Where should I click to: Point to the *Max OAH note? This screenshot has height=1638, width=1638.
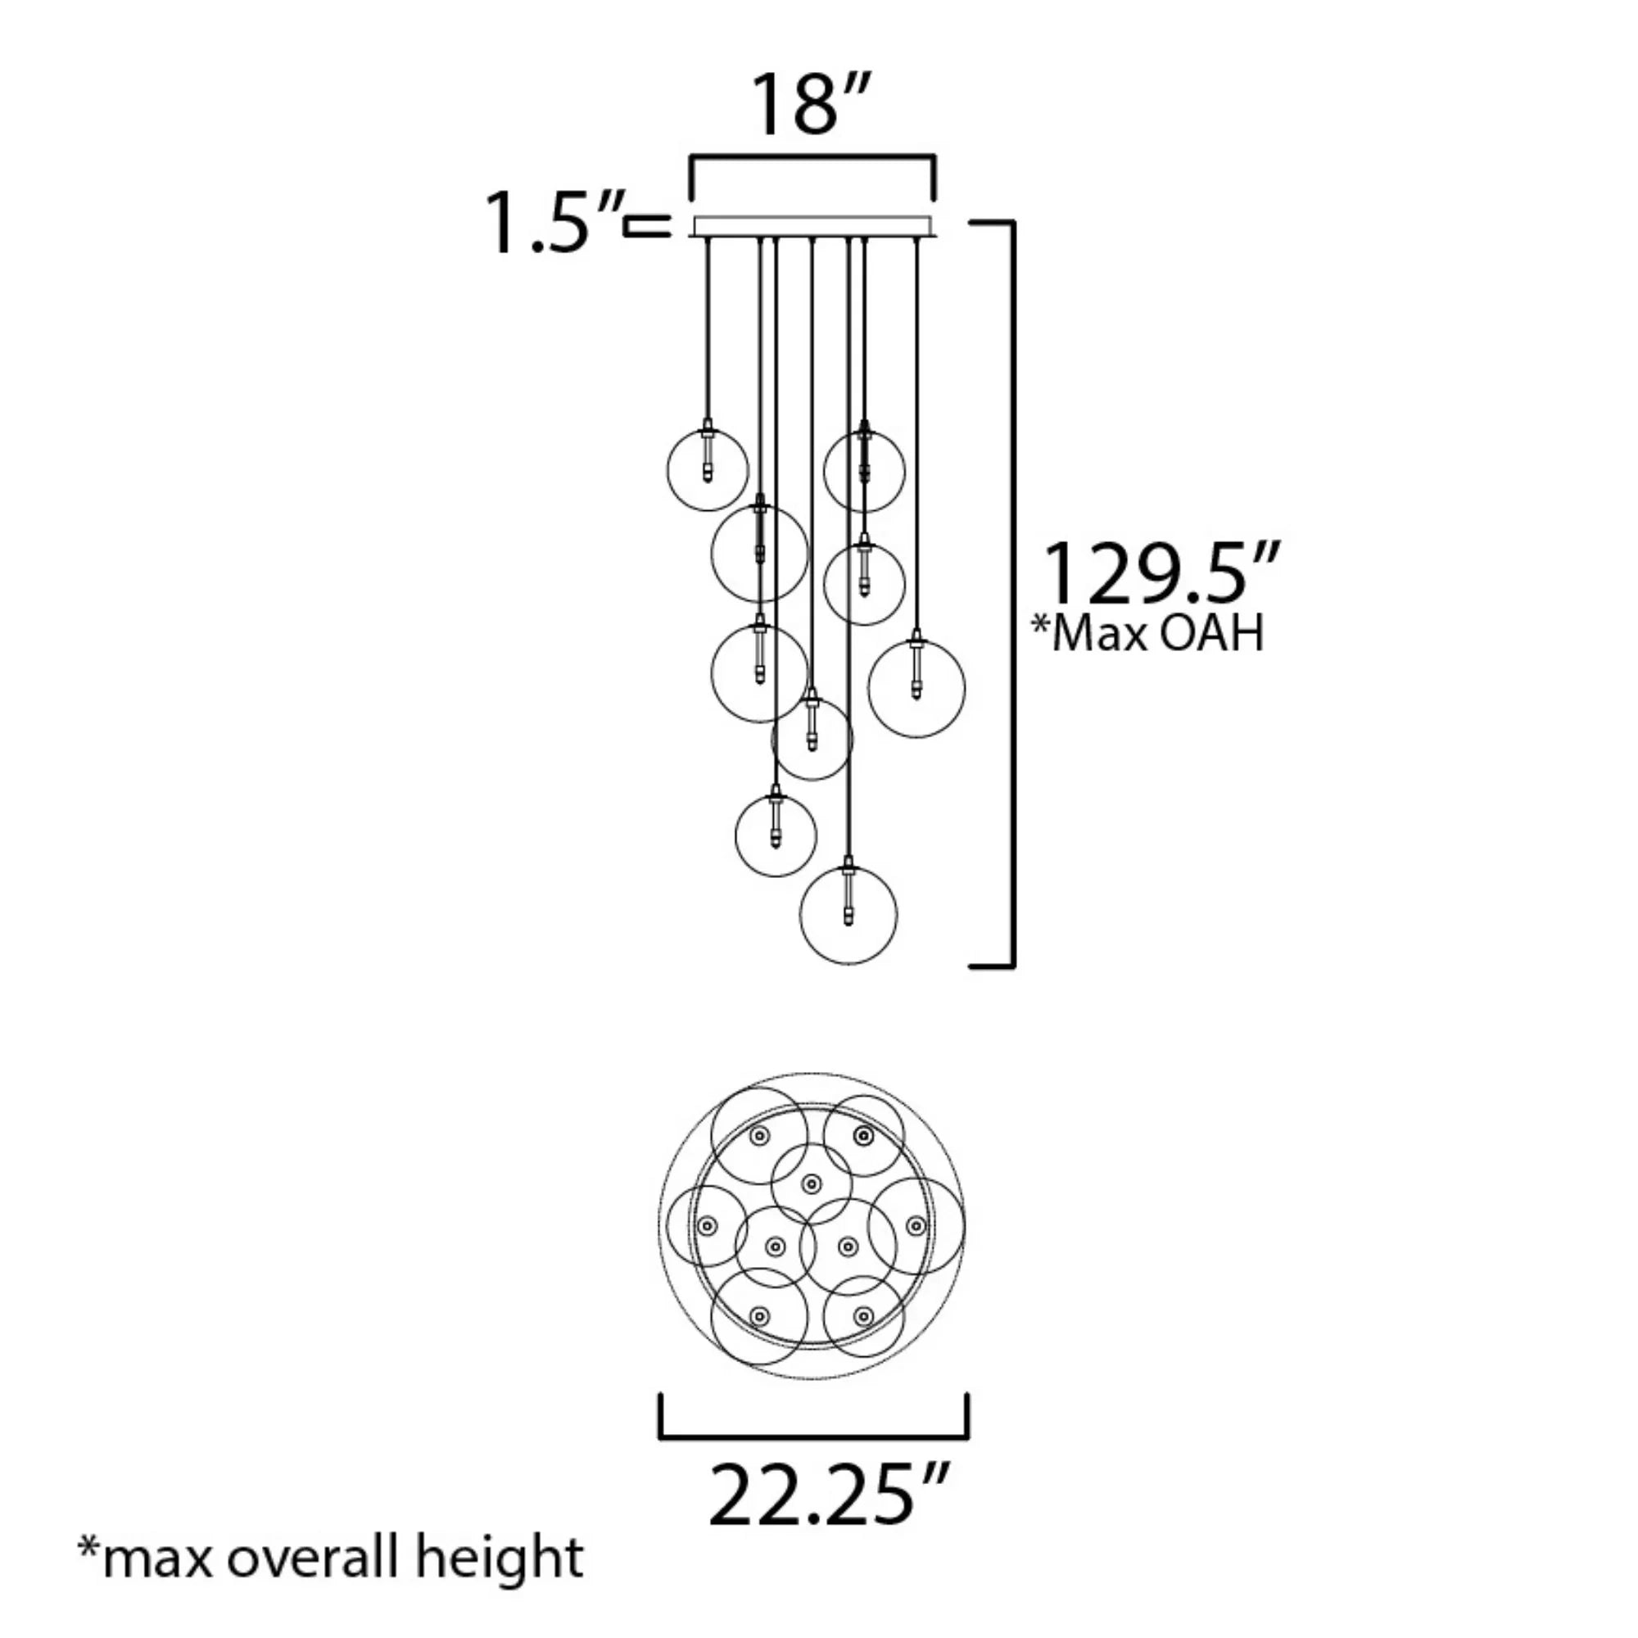pyautogui.click(x=1147, y=632)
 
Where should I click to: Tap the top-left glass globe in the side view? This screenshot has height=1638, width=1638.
pyautogui.click(x=707, y=468)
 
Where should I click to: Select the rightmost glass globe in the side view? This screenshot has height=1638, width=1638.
pyautogui.click(x=916, y=689)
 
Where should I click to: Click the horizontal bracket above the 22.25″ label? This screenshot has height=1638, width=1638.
pyautogui.click(x=813, y=1437)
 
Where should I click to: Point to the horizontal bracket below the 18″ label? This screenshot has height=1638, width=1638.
pyautogui.click(x=813, y=158)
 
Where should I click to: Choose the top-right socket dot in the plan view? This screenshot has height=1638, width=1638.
pyautogui.click(x=863, y=1135)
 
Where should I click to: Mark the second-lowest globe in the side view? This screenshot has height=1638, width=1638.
pyautogui.click(x=776, y=835)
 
